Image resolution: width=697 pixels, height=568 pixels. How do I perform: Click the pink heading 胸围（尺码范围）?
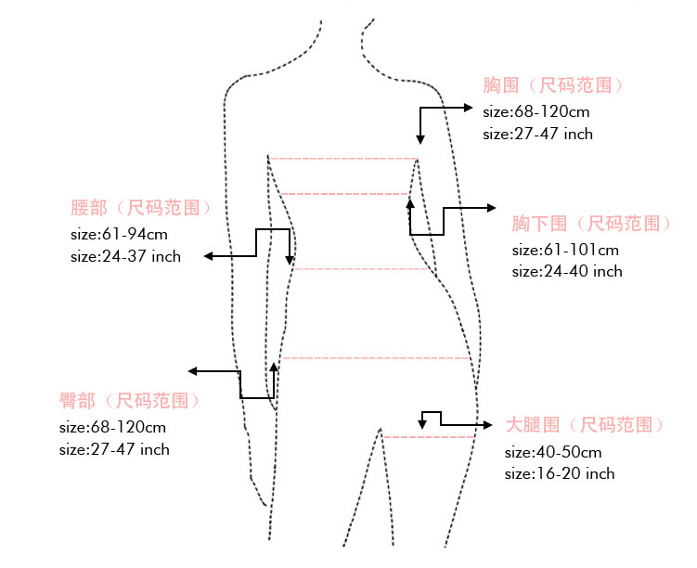click(553, 85)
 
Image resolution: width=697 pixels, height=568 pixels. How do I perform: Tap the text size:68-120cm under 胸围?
click(536, 112)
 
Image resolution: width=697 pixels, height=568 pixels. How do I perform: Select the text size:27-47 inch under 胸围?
click(538, 135)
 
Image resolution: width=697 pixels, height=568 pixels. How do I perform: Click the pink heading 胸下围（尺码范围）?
click(591, 224)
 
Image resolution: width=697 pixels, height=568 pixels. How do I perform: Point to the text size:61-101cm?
click(565, 250)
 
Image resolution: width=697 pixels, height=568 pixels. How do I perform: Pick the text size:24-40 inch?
click(567, 272)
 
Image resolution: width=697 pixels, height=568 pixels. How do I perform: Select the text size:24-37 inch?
click(125, 256)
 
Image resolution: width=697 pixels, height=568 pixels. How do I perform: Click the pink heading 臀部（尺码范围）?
click(129, 401)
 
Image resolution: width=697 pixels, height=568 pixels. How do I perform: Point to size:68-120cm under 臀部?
click(112, 428)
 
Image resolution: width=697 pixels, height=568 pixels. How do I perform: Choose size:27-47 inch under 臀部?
click(114, 450)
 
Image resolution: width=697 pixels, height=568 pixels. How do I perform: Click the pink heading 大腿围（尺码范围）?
click(585, 425)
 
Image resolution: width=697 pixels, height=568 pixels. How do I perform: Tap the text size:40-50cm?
click(553, 452)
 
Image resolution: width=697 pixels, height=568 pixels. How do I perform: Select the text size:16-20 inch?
click(560, 474)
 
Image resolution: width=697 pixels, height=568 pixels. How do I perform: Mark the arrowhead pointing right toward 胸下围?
click(495, 208)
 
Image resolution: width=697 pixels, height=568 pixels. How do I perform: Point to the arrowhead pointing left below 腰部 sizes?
click(210, 256)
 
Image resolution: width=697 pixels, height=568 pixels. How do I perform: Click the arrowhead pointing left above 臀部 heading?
click(194, 371)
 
